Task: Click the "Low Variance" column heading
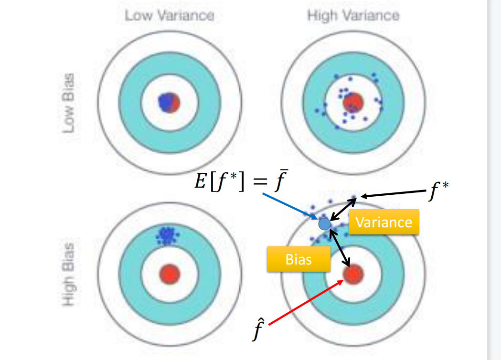[x=170, y=16]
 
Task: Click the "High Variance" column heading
[x=353, y=16]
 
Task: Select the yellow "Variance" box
[x=384, y=222]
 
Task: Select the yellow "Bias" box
[x=298, y=259]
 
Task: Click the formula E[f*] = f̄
[x=239, y=184]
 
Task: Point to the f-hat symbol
[x=258, y=329]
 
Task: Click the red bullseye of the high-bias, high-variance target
[x=353, y=274]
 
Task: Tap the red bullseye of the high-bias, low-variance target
[x=170, y=274]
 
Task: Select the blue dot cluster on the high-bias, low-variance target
[x=166, y=235]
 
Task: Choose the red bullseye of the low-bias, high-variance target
[x=354, y=102]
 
